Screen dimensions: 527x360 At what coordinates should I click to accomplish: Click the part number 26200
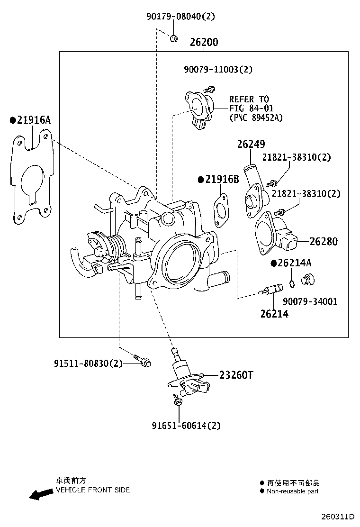[204, 42]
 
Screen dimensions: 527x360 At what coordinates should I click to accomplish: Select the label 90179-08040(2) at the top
[180, 17]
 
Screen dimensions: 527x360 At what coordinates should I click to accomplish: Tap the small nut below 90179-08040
[173, 38]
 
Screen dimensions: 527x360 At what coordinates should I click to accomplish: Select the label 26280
[324, 242]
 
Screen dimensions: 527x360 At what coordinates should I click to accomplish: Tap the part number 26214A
[294, 263]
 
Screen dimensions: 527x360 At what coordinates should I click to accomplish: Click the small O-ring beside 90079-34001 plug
[293, 284]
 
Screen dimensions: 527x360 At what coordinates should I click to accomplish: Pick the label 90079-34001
[310, 301]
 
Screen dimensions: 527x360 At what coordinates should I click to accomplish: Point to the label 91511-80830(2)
[88, 363]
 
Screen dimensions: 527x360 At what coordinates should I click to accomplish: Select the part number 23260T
[236, 375]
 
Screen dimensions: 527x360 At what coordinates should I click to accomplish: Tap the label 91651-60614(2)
[186, 426]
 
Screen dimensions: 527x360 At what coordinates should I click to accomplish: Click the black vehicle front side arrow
[40, 494]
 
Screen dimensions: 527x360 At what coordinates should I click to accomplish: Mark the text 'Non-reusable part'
[292, 491]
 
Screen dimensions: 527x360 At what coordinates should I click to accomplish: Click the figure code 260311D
[338, 516]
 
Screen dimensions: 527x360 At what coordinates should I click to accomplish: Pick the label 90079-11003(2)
[218, 69]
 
